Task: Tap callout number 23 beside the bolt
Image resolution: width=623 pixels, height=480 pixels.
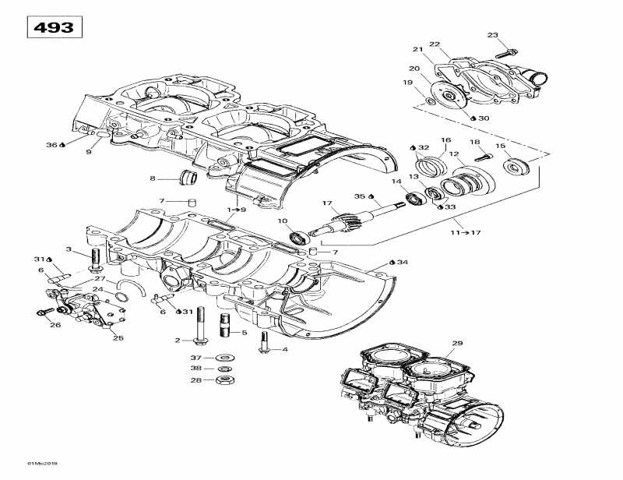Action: (492, 35)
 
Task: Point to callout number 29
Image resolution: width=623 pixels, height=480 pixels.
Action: (457, 344)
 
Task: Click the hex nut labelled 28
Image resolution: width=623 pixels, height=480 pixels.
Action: (224, 380)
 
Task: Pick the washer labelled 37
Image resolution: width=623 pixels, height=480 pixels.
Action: (224, 358)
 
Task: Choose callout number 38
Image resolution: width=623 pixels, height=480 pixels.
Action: (197, 369)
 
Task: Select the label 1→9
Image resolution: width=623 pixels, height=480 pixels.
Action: (237, 210)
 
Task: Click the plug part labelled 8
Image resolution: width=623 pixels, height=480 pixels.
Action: (188, 178)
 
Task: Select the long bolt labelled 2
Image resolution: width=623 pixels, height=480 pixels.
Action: (202, 326)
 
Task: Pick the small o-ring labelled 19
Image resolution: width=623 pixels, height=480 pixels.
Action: (431, 101)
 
